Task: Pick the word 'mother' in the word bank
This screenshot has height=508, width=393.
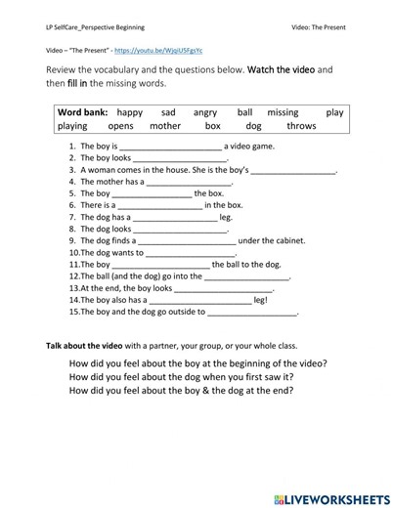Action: tap(165, 126)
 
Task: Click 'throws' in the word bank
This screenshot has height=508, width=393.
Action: tap(301, 126)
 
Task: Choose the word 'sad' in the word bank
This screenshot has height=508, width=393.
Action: tap(168, 112)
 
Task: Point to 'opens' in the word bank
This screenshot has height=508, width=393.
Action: tap(120, 126)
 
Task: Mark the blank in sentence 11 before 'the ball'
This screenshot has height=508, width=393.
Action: tap(160, 265)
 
